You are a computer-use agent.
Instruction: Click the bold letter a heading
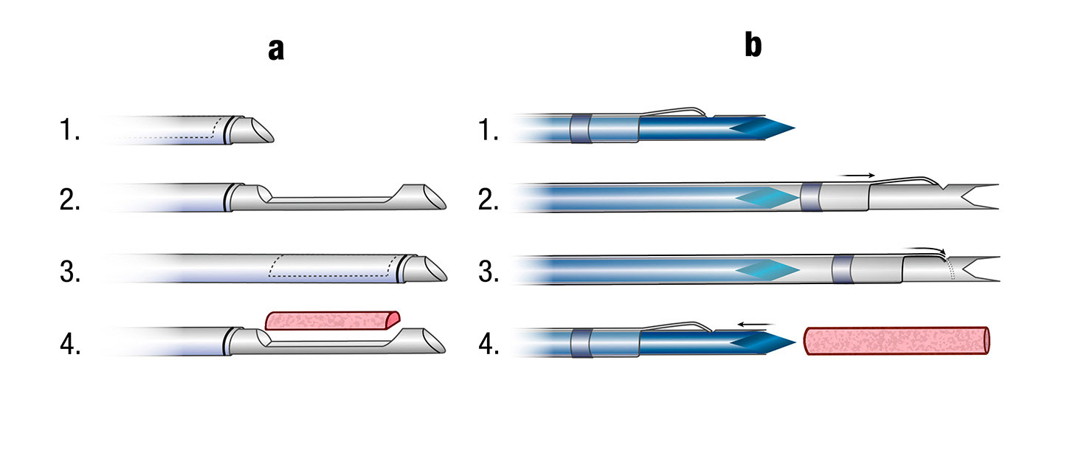coord(276,50)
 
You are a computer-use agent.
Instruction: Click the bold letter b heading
coord(753,46)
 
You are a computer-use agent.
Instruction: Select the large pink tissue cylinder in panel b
coord(896,341)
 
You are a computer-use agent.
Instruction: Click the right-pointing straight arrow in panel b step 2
coord(859,175)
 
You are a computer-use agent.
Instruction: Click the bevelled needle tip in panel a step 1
coord(255,130)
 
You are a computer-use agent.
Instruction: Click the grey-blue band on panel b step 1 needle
coord(581,129)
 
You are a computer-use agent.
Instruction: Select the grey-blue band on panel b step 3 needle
coord(842,269)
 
